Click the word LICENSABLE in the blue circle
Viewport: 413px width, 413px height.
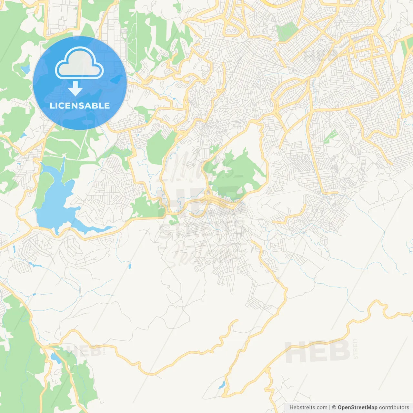click(x=80, y=106)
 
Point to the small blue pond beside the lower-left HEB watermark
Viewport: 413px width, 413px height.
click(x=55, y=358)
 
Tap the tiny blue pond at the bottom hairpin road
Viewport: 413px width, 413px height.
click(x=222, y=385)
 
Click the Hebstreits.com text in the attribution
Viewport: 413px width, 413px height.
click(x=308, y=408)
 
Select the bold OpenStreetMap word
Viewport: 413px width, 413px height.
click(x=358, y=408)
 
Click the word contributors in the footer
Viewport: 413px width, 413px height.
click(x=394, y=408)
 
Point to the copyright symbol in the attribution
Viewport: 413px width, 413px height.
click(x=334, y=408)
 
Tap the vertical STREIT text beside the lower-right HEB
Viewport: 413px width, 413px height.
click(x=356, y=348)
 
